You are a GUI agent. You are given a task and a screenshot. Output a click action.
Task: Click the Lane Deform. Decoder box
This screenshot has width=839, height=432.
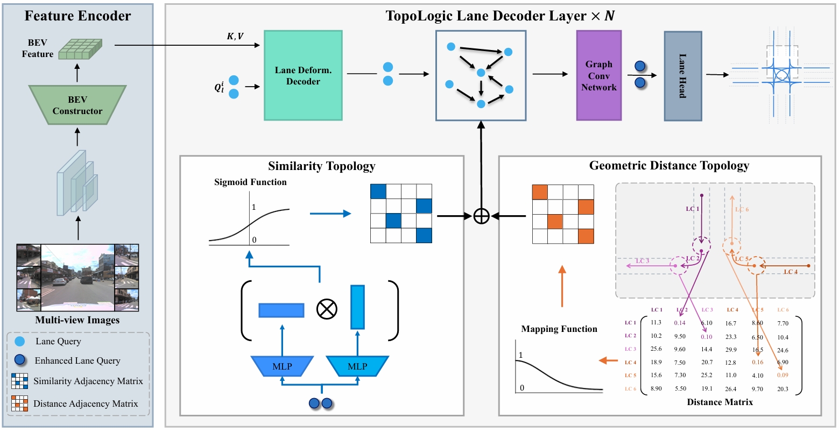303,75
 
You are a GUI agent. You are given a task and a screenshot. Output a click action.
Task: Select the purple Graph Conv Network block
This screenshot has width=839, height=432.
598,75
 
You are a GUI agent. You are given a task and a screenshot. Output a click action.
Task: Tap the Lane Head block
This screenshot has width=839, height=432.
682,76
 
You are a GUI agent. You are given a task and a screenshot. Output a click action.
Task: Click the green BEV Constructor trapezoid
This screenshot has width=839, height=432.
77,105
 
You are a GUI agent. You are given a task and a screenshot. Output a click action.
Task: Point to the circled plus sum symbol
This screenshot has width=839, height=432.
481,216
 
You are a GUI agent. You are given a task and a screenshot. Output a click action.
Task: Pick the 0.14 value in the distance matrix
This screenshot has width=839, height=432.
680,323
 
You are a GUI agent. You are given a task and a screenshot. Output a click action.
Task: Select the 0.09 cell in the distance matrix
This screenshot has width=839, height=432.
782,375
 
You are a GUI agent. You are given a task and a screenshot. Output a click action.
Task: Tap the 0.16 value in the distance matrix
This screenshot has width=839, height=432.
757,363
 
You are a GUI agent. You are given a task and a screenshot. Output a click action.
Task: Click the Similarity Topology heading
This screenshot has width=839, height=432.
321,166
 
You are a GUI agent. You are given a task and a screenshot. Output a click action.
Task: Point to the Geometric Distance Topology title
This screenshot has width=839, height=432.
669,166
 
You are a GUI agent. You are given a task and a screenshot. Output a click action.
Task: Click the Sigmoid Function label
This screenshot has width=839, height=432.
250,182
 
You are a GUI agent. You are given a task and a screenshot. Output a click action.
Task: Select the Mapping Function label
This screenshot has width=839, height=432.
559,329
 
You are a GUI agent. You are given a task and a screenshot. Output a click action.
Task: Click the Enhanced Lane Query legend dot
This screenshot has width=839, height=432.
20,360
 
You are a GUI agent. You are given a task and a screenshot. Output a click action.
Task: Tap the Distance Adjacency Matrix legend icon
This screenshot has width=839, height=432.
19,403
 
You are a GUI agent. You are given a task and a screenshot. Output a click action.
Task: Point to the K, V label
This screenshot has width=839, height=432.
235,37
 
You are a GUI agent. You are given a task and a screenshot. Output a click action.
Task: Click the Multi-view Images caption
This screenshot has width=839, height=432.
77,320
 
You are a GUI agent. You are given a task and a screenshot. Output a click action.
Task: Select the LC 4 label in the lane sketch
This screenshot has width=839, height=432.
791,272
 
